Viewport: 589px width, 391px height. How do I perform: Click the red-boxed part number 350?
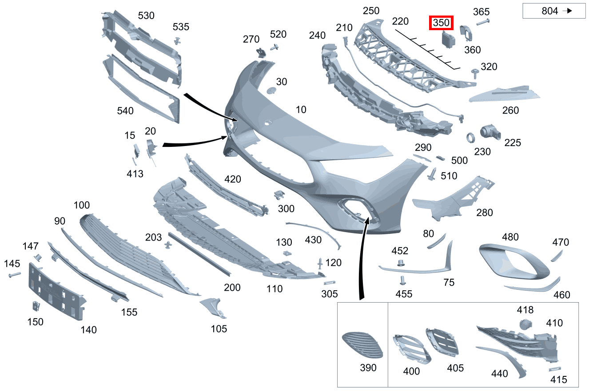441,23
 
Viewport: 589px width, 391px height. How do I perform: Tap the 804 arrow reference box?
553,11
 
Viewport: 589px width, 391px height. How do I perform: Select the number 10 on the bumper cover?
301,109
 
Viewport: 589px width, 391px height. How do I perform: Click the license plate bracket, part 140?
55,291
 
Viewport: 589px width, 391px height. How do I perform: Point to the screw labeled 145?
14,275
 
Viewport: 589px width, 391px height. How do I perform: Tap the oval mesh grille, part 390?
362,345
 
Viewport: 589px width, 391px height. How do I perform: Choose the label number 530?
146,16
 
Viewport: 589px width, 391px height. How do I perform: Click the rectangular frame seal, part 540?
142,91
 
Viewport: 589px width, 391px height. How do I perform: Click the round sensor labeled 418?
525,324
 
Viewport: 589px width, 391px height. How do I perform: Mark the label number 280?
484,213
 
